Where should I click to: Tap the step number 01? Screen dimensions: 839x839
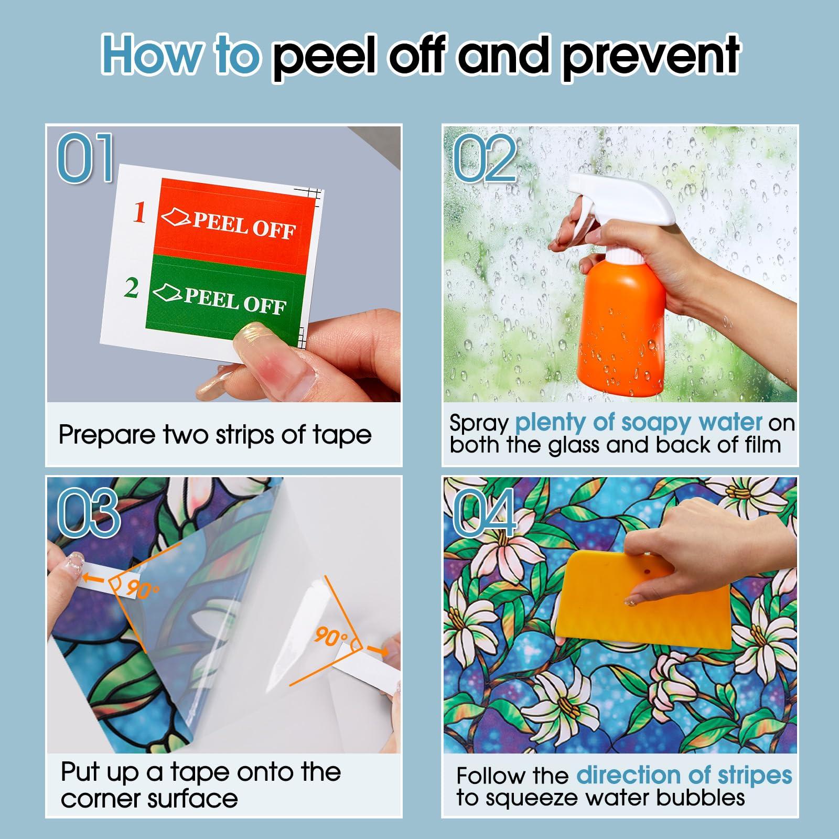85,157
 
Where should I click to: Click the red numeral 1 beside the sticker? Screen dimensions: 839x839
138,212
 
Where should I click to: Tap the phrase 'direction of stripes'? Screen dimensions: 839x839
684,776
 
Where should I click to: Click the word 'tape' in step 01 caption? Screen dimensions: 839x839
343,436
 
